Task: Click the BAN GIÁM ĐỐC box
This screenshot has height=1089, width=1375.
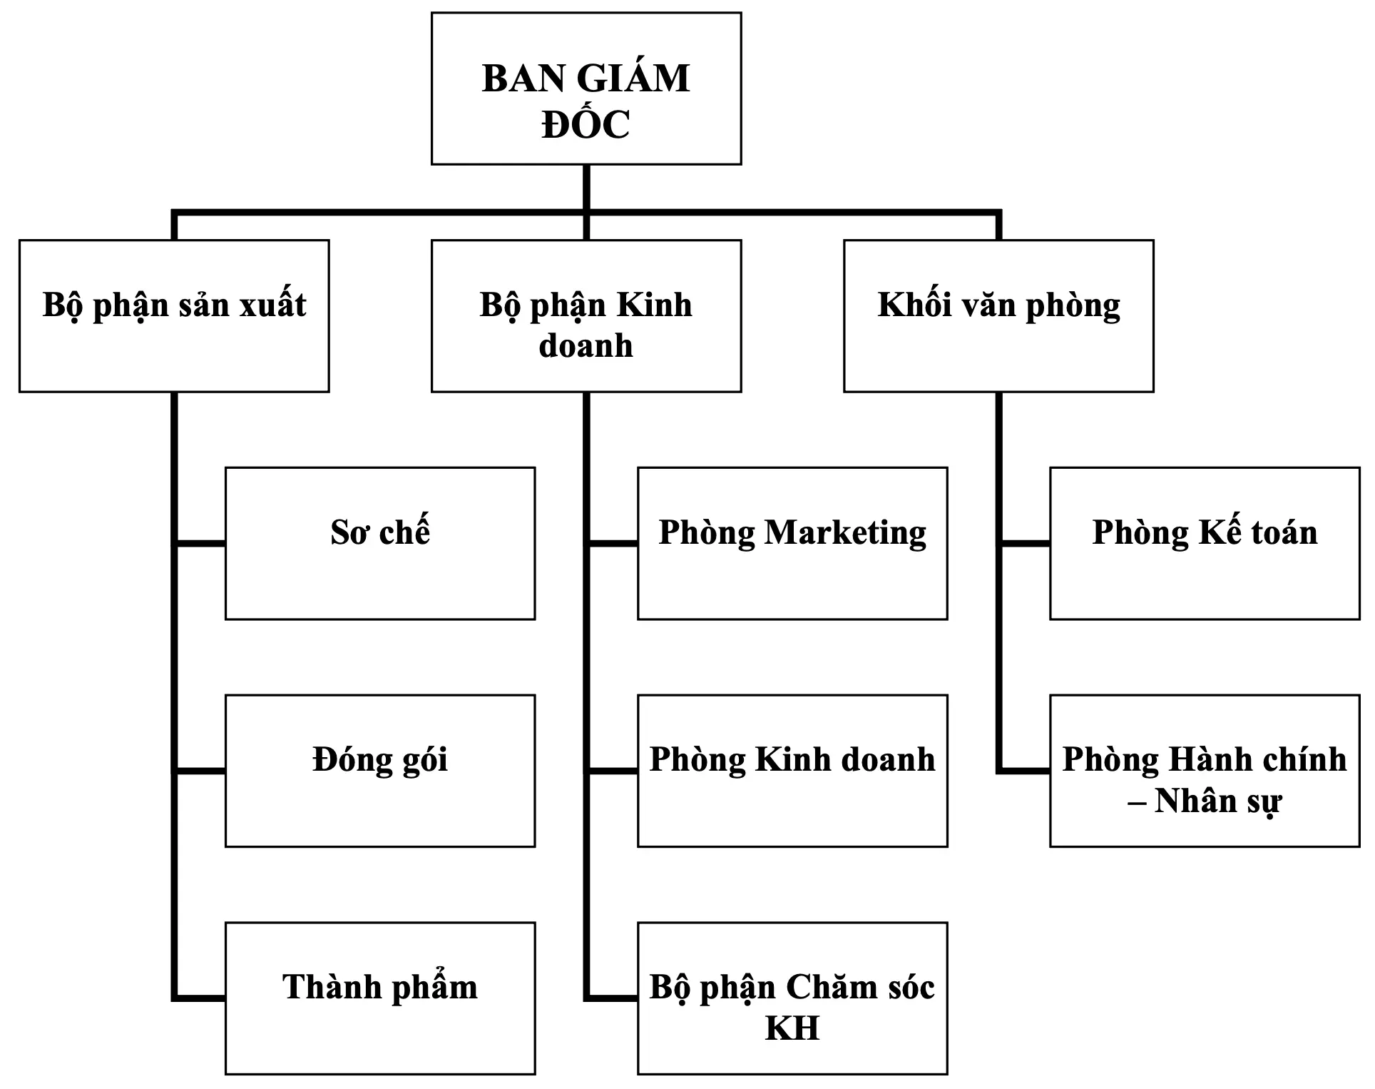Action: click(x=586, y=88)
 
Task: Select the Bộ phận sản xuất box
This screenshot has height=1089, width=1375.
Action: click(x=174, y=315)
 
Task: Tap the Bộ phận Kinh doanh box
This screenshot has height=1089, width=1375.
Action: click(x=586, y=315)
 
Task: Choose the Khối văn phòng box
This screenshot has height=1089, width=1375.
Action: click(x=998, y=315)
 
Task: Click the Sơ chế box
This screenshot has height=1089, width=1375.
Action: click(x=380, y=543)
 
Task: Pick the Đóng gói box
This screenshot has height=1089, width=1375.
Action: click(x=380, y=771)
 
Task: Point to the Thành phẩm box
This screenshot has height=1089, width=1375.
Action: click(x=380, y=998)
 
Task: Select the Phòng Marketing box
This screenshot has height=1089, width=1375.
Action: click(x=792, y=543)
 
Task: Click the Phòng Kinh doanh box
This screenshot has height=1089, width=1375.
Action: click(x=792, y=771)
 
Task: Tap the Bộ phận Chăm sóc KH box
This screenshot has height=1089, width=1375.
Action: click(x=792, y=998)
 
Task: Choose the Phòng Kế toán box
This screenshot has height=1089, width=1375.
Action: click(x=1205, y=543)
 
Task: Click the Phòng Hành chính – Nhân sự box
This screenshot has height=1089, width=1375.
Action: click(x=1205, y=771)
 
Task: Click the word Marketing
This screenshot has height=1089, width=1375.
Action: click(x=845, y=533)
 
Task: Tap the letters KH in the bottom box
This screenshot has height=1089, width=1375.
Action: click(x=792, y=1028)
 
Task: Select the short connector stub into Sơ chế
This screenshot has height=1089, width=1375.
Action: click(x=200, y=544)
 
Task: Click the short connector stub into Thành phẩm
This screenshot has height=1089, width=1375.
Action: click(x=200, y=998)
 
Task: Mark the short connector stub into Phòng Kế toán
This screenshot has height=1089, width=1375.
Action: click(x=1025, y=544)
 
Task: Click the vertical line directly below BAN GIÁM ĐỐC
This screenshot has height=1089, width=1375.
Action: click(x=586, y=187)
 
